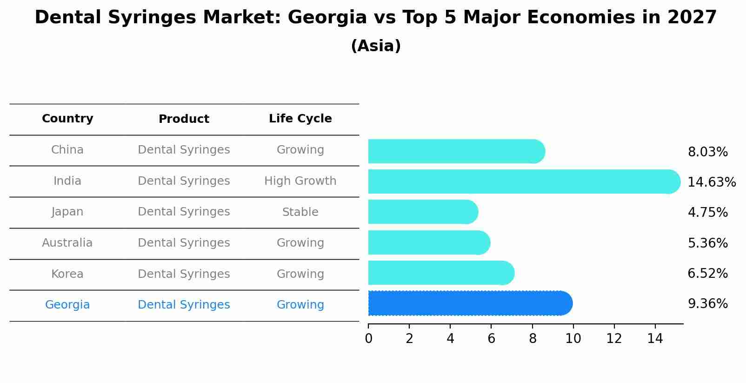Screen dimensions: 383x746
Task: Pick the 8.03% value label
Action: [707, 152]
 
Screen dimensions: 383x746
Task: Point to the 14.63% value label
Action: [711, 182]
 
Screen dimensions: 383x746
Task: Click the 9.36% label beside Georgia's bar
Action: [707, 304]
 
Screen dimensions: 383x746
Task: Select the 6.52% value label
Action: [707, 274]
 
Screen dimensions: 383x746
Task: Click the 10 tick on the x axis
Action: [573, 339]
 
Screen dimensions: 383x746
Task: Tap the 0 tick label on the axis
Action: [368, 339]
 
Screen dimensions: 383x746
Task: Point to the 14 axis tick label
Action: [655, 339]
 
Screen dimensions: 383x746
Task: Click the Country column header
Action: [67, 119]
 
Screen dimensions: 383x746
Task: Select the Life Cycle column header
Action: [300, 119]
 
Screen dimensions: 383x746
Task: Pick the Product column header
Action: [184, 119]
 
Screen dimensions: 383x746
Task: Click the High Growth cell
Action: [300, 181]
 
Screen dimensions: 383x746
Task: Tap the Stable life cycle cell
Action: [300, 212]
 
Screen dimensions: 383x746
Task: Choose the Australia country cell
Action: [67, 243]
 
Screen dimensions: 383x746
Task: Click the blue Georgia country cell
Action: [67, 305]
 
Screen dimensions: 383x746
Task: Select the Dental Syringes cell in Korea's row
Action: [184, 274]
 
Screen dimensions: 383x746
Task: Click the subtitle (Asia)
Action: [376, 46]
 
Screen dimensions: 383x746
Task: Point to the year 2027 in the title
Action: [692, 18]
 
